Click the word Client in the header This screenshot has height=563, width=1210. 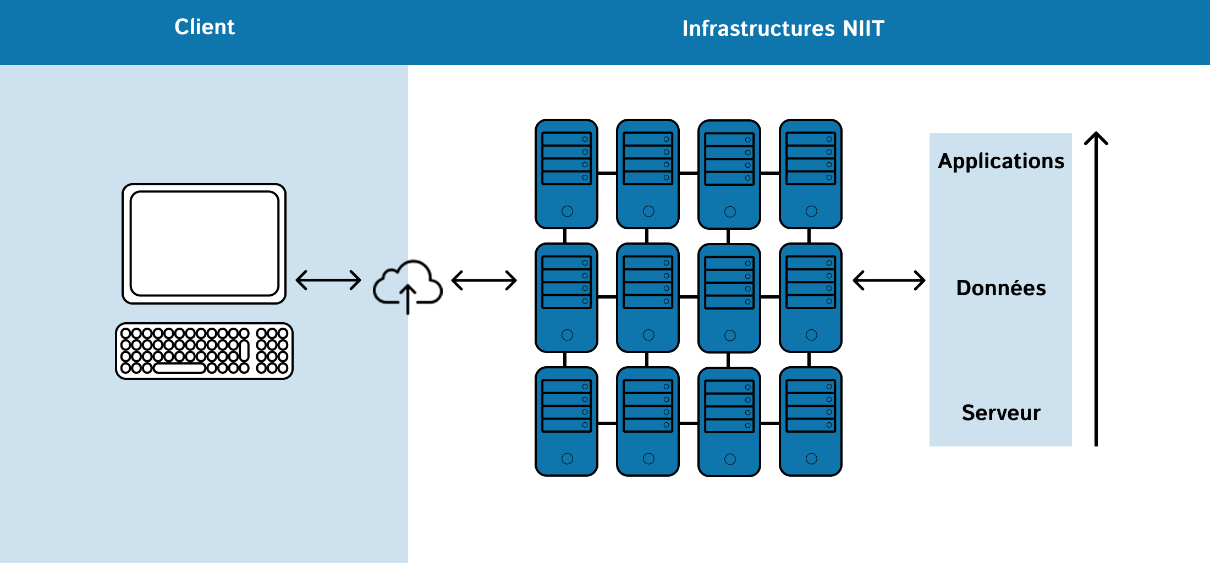pyautogui.click(x=205, y=27)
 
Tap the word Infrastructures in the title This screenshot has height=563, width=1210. pyautogui.click(x=758, y=29)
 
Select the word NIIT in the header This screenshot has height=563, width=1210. pyautogui.click(x=864, y=29)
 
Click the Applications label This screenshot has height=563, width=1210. pyautogui.click(x=1001, y=162)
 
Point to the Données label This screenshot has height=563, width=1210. pyautogui.click(x=1001, y=288)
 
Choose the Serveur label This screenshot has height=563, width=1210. pyautogui.click(x=1001, y=413)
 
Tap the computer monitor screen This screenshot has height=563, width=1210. pyautogui.click(x=204, y=244)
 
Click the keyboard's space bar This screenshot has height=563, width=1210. pyautogui.click(x=179, y=368)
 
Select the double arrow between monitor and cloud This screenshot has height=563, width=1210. pyautogui.click(x=328, y=280)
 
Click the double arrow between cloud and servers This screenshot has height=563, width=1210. pyautogui.click(x=484, y=280)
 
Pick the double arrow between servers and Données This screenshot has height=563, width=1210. pyautogui.click(x=889, y=280)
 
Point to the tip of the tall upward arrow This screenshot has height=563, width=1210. pyautogui.click(x=1096, y=133)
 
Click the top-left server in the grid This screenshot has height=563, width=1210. pyautogui.click(x=566, y=174)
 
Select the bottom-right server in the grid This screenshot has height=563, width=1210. pyautogui.click(x=811, y=421)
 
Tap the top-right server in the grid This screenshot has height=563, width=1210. pyautogui.click(x=811, y=174)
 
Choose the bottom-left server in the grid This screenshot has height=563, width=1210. pyautogui.click(x=566, y=421)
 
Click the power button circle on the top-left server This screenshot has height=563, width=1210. pyautogui.click(x=567, y=211)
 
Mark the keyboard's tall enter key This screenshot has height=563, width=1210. pyautogui.click(x=245, y=351)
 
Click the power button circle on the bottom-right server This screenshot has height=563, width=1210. pyautogui.click(x=811, y=459)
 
